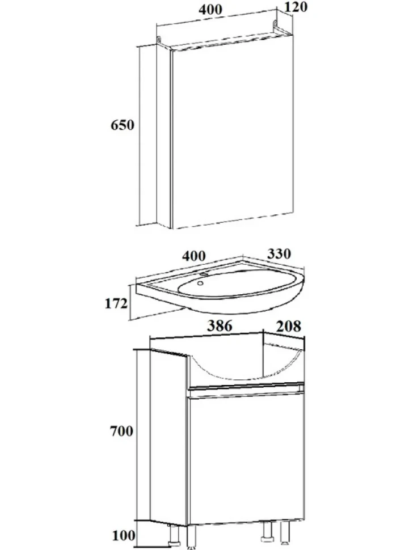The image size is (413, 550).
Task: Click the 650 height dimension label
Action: point(123,125)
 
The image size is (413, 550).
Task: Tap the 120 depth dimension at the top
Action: point(295,6)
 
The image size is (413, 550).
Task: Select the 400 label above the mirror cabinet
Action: point(210,9)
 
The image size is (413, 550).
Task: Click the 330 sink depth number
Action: point(279,253)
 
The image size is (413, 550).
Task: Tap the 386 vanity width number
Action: point(220,326)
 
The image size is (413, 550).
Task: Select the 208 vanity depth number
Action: point(289,326)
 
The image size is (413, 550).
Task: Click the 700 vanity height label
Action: point(122,431)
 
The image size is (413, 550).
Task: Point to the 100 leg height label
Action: point(124,535)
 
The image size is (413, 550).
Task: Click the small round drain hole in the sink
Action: point(200,283)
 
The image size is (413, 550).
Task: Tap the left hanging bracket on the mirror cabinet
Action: point(159,40)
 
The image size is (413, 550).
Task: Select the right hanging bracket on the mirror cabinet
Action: point(276,26)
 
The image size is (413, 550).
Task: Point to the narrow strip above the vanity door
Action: point(245,390)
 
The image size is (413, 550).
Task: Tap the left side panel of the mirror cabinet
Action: point(163,136)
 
